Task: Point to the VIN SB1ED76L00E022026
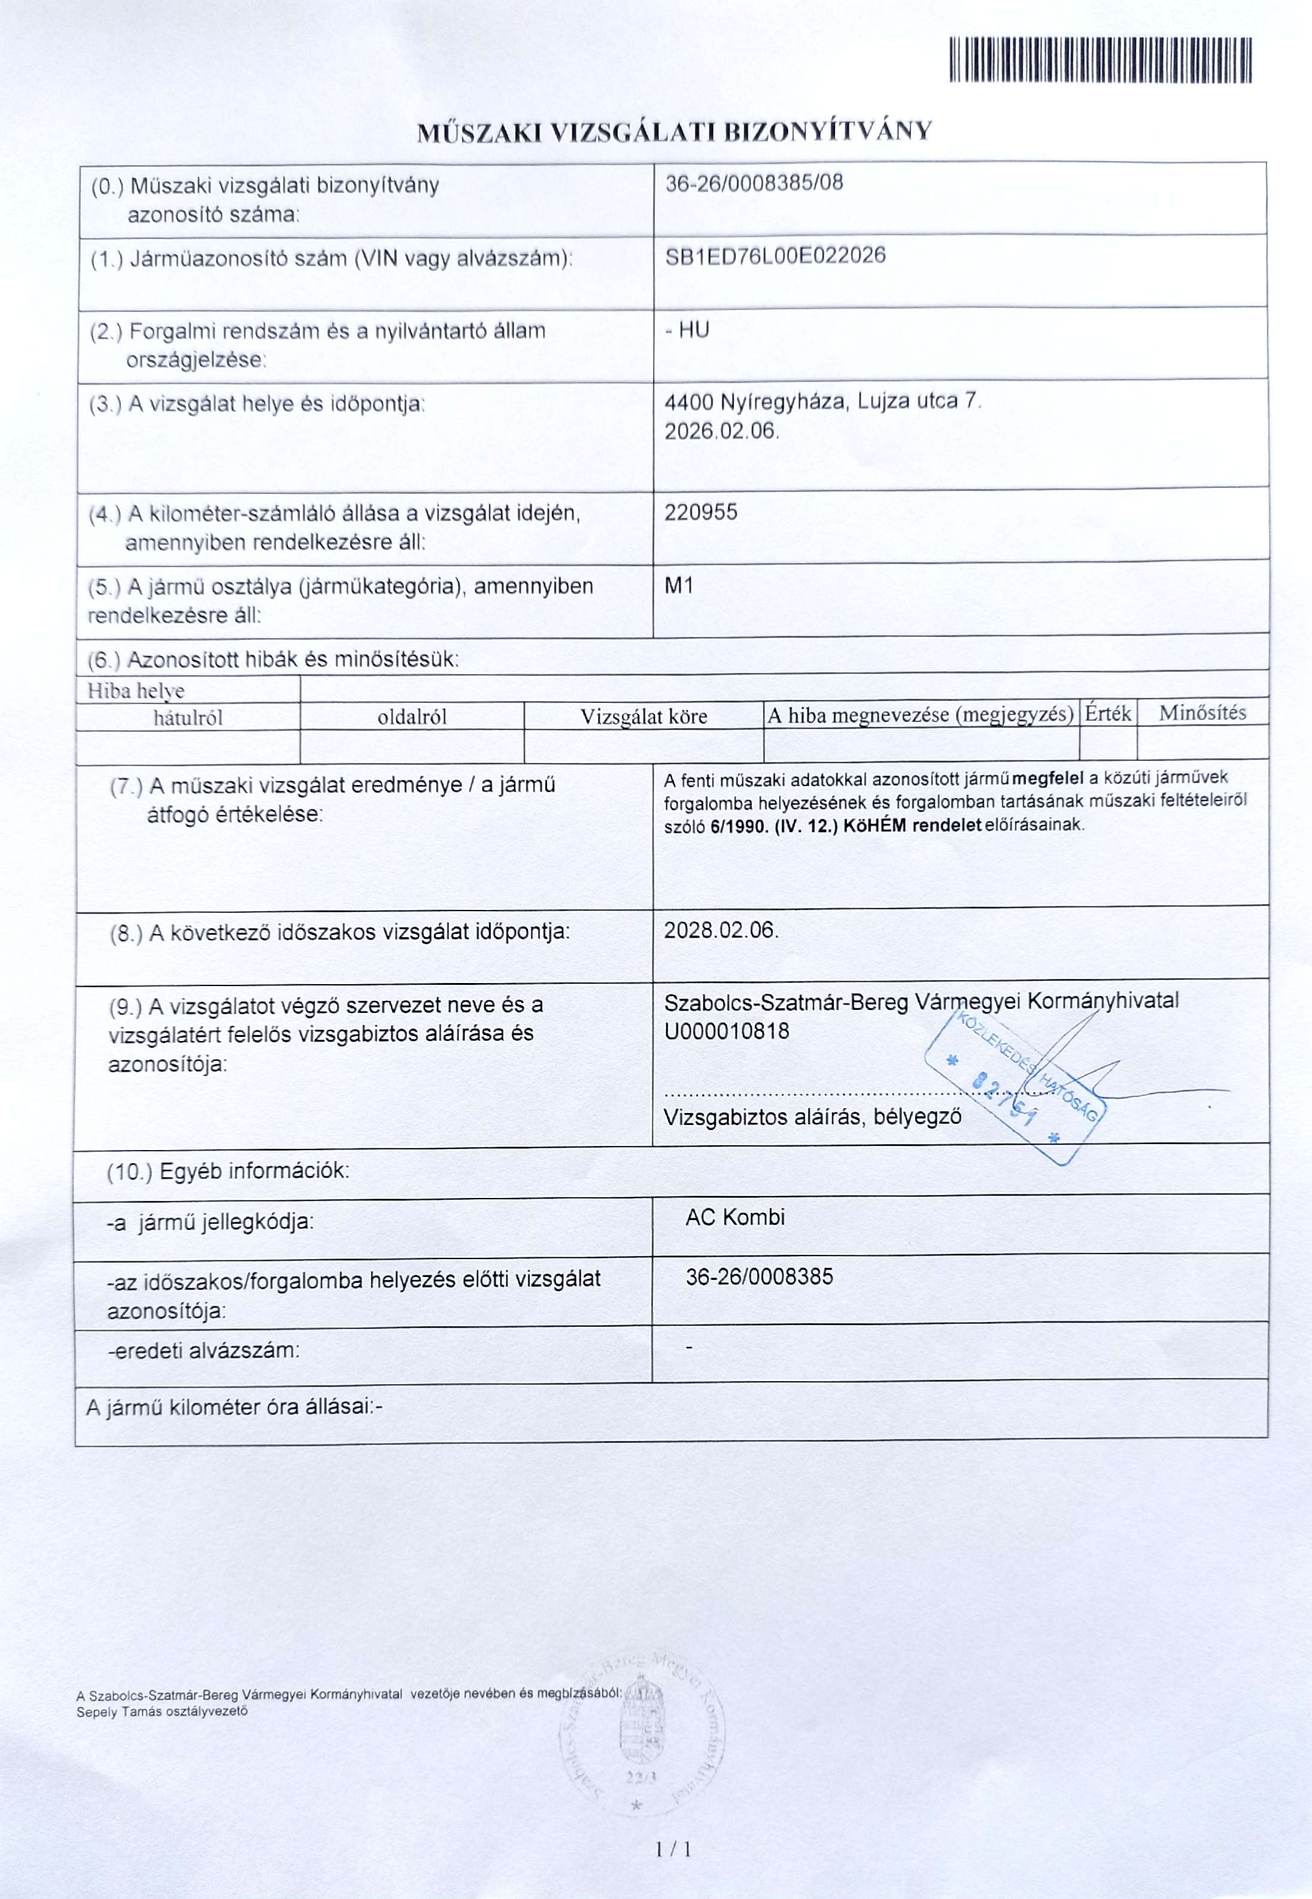tap(775, 256)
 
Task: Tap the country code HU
tap(694, 330)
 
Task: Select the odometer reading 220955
tap(700, 512)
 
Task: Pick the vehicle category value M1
tap(679, 586)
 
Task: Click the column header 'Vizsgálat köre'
tap(643, 716)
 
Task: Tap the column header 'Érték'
tap(1107, 713)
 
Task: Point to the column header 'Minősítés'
tap(1202, 713)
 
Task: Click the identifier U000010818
tap(727, 1031)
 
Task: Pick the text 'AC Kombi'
tap(735, 1217)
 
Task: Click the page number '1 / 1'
tap(674, 1850)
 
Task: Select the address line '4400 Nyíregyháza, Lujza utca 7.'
tap(823, 402)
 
